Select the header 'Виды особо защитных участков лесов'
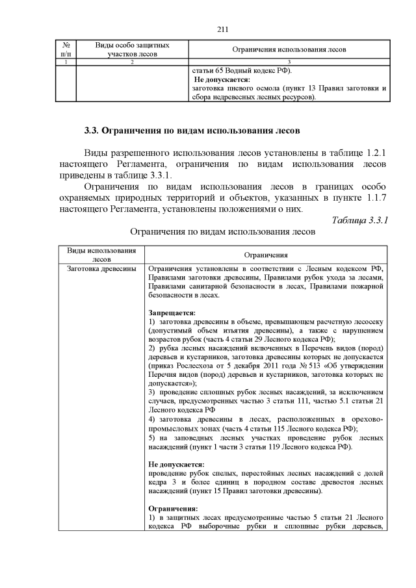(x=133, y=50)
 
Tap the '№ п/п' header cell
(x=66, y=50)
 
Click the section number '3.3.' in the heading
(x=92, y=129)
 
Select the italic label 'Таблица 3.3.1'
(x=359, y=220)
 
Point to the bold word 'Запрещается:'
(x=168, y=313)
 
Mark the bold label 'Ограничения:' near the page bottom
(x=172, y=508)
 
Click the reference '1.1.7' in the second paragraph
(x=374, y=198)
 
